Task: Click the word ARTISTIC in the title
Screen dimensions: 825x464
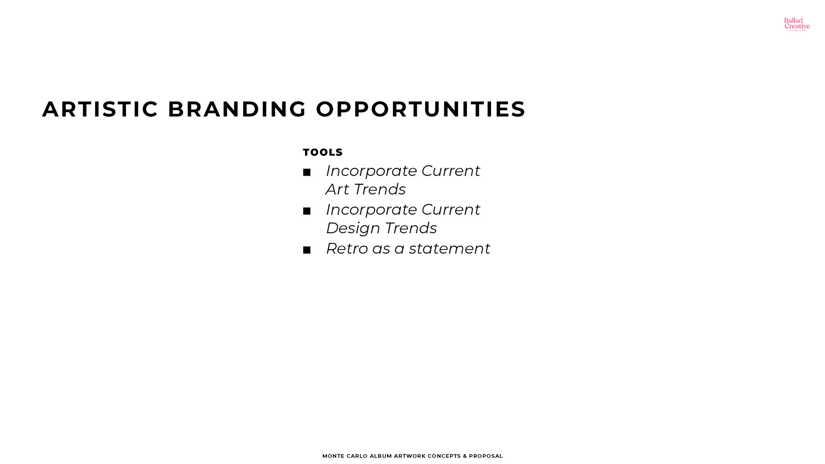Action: (101, 109)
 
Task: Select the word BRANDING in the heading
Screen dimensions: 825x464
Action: (237, 109)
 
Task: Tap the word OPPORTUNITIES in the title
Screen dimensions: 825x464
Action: (421, 109)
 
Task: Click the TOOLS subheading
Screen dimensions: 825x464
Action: (323, 153)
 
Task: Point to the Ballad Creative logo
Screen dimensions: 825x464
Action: (797, 24)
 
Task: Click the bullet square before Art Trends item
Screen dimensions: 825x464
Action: (307, 173)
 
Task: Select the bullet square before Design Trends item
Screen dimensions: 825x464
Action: (307, 211)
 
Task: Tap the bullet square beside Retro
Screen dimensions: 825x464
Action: (307, 250)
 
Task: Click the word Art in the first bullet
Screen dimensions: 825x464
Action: (337, 189)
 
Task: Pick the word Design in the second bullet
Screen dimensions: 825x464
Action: (353, 229)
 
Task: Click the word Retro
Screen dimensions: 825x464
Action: (347, 249)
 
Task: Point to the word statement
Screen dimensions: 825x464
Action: (449, 249)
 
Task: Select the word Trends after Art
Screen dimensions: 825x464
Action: (380, 189)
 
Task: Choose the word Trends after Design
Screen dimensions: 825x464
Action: (411, 228)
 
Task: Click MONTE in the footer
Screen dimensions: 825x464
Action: (333, 456)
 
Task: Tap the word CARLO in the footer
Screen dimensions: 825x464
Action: (357, 456)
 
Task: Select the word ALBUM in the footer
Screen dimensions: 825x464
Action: (381, 456)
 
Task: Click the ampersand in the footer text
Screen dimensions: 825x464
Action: (465, 456)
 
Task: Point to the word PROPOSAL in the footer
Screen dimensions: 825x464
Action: (486, 456)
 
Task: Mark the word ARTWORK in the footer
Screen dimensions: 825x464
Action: (410, 456)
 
